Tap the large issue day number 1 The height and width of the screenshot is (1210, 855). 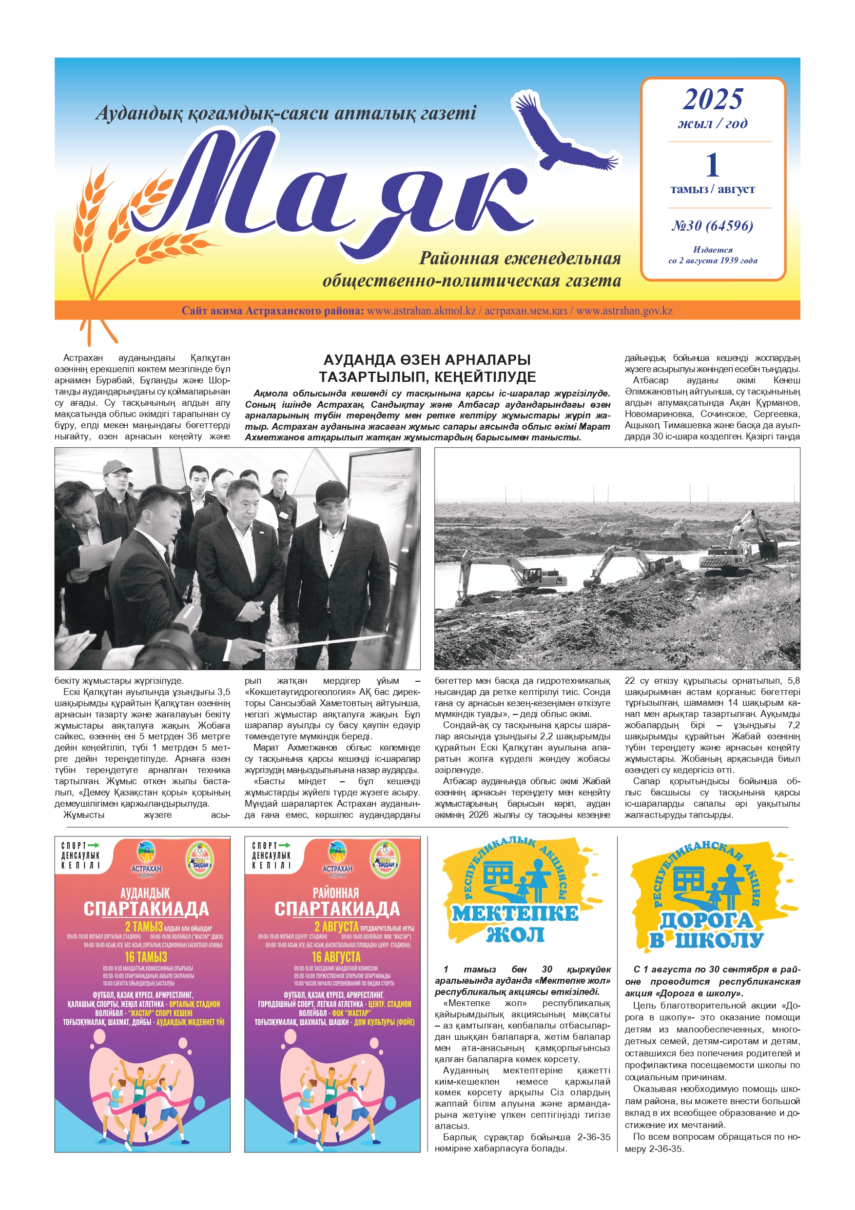coord(712,164)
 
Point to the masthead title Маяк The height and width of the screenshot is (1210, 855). coord(337,190)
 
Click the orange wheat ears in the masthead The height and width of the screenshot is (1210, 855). coord(121,227)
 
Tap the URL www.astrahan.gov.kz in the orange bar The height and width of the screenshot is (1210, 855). coord(624,310)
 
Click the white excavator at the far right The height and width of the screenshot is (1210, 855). coord(743,545)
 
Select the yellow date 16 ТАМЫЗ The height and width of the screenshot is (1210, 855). coord(145,957)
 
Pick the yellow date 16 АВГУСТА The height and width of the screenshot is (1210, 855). coord(336,957)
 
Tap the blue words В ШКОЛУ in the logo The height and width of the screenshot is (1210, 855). coord(706,940)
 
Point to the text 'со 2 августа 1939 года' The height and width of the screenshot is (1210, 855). coord(712,260)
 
